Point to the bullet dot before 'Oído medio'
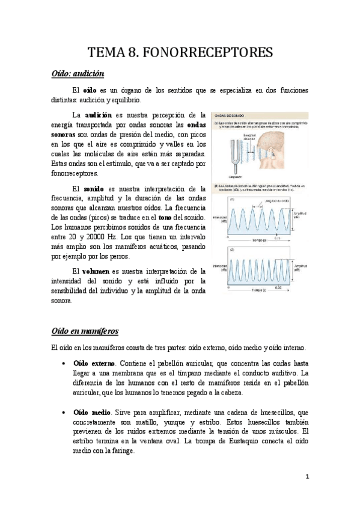coord(64,413)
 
